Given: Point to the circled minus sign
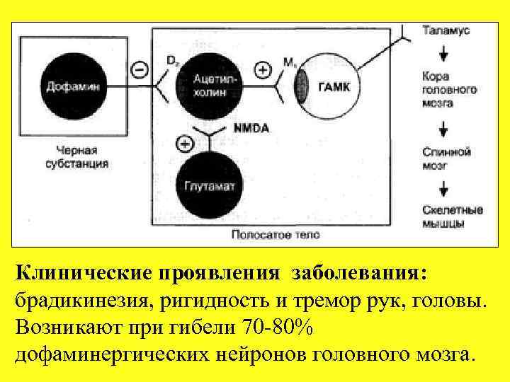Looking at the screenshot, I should (140, 70).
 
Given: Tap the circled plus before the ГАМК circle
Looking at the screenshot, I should (263, 70).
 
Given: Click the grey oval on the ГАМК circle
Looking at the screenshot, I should (302, 86).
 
